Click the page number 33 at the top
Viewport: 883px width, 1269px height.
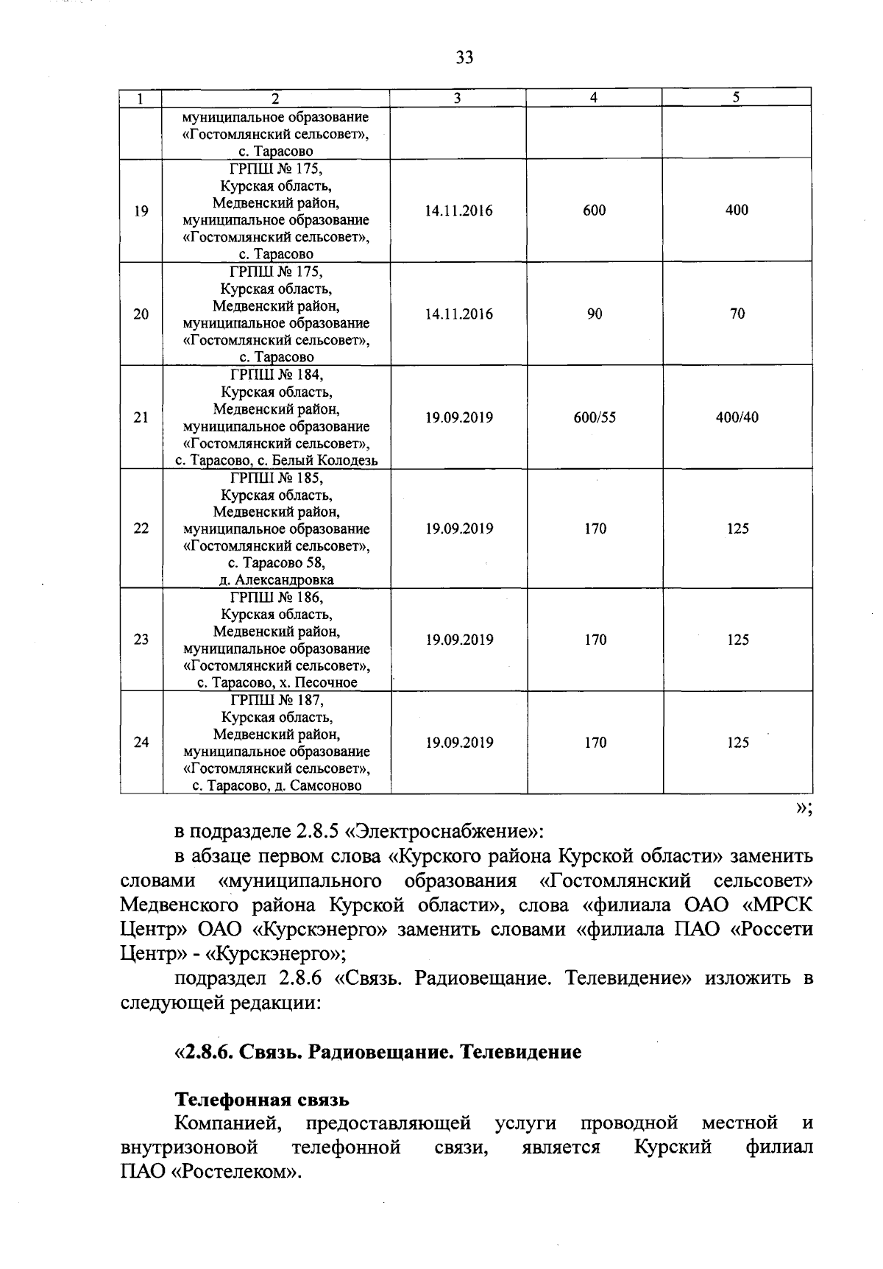tap(464, 57)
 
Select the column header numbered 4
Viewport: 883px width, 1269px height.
tap(594, 97)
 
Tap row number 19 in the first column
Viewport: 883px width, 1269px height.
tap(141, 211)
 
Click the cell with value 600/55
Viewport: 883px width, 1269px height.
tap(595, 417)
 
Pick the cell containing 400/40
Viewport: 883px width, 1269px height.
tap(737, 417)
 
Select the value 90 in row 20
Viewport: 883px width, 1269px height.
tap(595, 314)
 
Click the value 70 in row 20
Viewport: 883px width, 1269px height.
tap(737, 314)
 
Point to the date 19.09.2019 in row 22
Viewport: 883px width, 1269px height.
tap(459, 529)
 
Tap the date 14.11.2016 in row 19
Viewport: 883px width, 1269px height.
tap(459, 211)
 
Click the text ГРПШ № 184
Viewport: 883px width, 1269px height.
tap(276, 375)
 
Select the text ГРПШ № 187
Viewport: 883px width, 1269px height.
tap(276, 700)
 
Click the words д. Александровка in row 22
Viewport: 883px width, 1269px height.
tap(276, 580)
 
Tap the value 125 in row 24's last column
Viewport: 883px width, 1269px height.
tap(737, 743)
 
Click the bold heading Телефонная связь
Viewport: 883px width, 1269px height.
tap(261, 1100)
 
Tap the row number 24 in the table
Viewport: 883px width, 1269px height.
tap(141, 743)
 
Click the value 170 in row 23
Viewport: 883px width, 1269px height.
tap(595, 640)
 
